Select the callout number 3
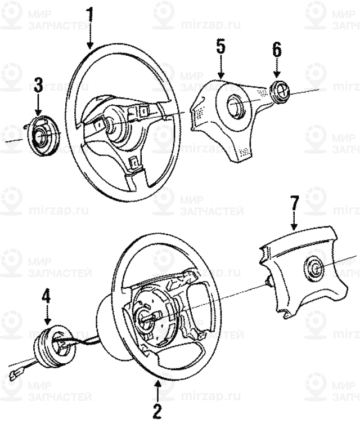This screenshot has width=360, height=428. (x=38, y=86)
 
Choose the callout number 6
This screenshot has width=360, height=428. (x=277, y=49)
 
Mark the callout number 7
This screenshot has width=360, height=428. (x=293, y=202)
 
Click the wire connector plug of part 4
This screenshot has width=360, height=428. (x=15, y=373)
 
